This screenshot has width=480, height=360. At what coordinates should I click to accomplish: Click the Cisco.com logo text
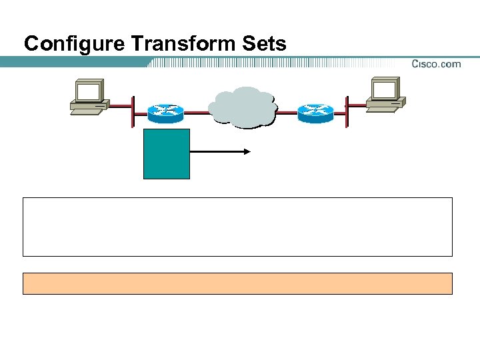point(436,64)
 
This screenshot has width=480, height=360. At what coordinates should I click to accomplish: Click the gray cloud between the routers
point(242,107)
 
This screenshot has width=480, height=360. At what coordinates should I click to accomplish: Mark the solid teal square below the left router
point(167,154)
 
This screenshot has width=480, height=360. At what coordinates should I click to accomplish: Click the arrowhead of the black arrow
point(247,152)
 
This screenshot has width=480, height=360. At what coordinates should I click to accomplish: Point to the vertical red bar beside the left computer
point(133,111)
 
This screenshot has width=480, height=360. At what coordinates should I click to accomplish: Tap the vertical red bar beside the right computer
point(347,111)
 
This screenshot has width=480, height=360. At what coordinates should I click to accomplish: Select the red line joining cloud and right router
point(287,113)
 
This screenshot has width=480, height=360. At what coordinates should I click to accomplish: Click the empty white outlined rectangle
point(237,227)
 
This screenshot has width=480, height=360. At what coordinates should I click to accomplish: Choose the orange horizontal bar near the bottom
point(237,283)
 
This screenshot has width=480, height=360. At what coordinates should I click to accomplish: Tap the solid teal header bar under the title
point(73,62)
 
